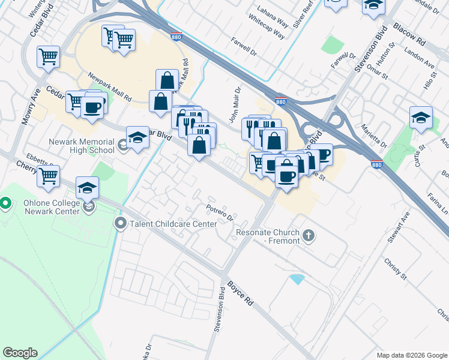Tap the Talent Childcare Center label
173,224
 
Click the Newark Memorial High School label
82,146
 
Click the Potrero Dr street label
218,212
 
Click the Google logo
20,353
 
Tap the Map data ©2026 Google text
411,355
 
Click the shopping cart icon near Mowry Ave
48,57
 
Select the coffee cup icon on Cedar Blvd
92,107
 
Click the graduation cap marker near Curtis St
421,118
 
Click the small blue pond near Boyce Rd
297,279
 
